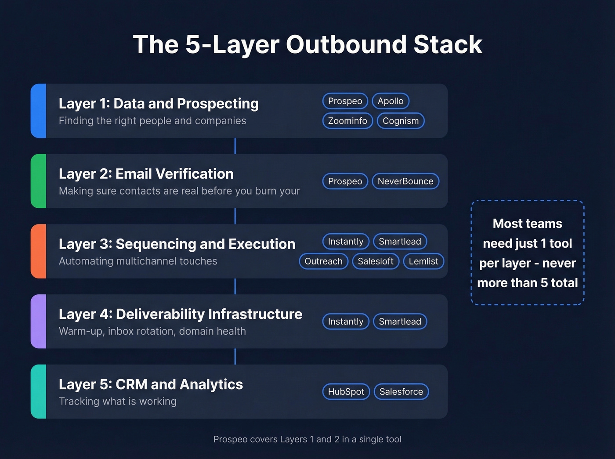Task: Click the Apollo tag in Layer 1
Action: point(391,101)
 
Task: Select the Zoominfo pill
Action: point(347,121)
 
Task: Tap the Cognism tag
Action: point(400,121)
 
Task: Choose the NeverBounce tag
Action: point(405,181)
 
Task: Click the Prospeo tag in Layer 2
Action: point(345,181)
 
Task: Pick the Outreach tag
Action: point(323,261)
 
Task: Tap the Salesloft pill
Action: point(376,261)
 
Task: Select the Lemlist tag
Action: point(423,261)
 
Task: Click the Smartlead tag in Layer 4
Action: point(400,322)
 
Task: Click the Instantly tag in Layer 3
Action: point(345,242)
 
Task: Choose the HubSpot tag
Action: point(346,392)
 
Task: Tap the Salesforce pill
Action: point(401,392)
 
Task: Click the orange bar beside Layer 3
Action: point(39,251)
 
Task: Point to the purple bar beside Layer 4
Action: point(39,322)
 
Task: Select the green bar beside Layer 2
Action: point(39,181)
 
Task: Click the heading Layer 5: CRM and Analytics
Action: point(151,384)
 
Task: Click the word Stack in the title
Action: point(448,45)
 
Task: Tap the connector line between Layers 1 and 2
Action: point(235,146)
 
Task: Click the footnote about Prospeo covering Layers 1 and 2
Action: point(307,439)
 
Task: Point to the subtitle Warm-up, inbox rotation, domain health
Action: point(152,331)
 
